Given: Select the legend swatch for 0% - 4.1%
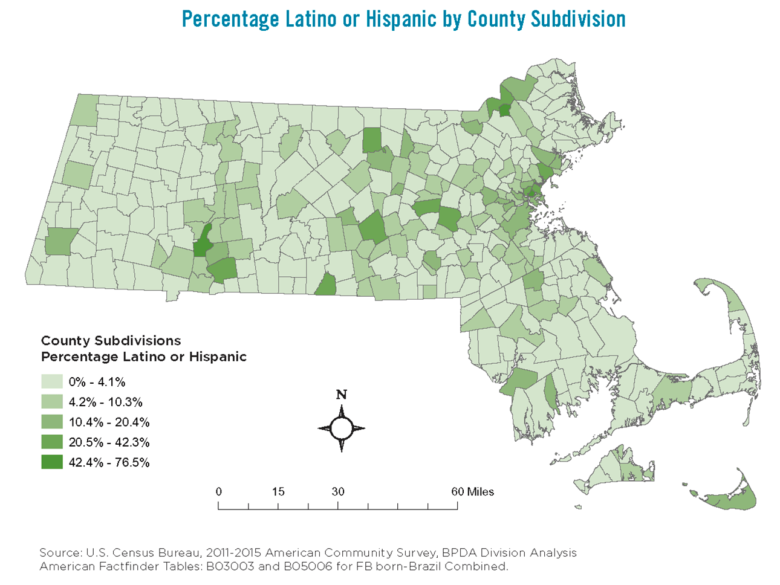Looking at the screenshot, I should (52, 381).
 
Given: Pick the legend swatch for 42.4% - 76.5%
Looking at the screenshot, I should (52, 462).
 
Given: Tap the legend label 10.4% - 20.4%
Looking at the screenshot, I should (109, 422).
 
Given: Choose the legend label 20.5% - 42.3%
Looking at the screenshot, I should (109, 442).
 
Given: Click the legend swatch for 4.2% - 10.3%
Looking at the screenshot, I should (52, 402).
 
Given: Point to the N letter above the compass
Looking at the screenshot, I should (342, 395).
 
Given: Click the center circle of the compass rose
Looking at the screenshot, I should (342, 428).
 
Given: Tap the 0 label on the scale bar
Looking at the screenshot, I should (219, 491).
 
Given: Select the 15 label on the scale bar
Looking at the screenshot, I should (278, 491).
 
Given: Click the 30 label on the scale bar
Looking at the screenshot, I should (337, 491).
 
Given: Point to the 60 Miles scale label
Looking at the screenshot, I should (472, 491).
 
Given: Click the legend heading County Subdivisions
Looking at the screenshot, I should (111, 341).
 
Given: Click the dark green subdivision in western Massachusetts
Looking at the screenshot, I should (201, 244).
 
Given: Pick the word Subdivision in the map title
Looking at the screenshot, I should (578, 19).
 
